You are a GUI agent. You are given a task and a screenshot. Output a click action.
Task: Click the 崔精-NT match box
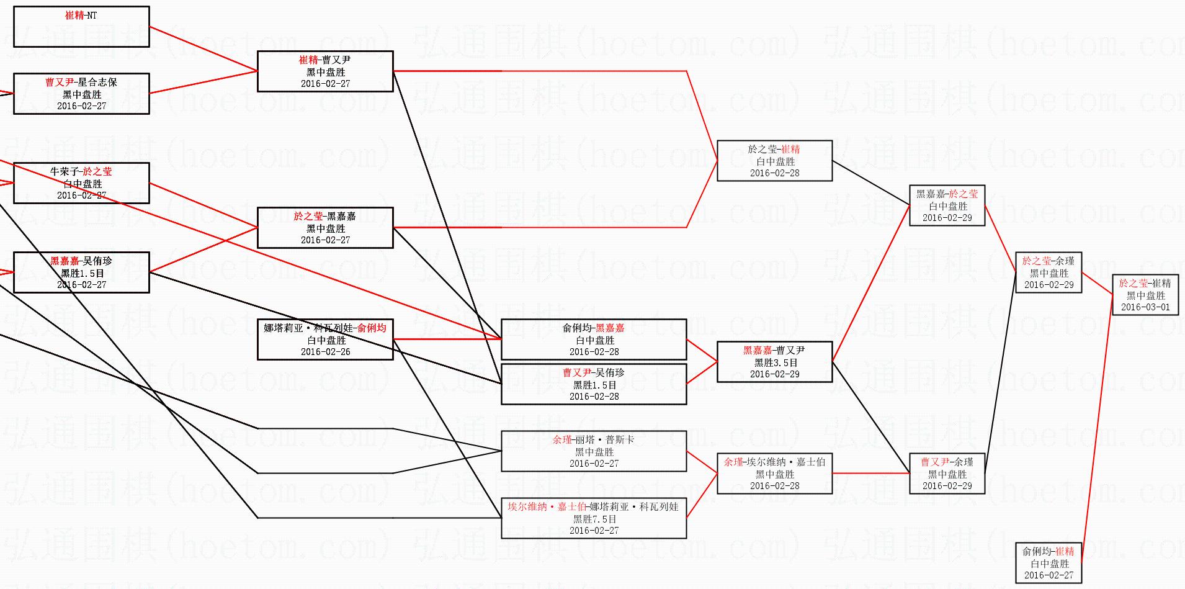(x=81, y=27)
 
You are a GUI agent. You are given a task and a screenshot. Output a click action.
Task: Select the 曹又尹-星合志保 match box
(x=81, y=94)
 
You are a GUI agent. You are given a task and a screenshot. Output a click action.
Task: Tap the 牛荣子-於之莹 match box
(x=81, y=183)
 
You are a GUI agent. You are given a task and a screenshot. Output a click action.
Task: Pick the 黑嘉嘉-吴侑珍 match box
(x=81, y=272)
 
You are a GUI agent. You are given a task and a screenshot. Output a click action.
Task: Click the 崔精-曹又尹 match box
(x=325, y=71)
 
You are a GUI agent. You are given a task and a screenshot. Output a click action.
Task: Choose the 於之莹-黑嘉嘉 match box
(x=325, y=228)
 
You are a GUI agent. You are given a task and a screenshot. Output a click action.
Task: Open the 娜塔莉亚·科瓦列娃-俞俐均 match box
(x=325, y=339)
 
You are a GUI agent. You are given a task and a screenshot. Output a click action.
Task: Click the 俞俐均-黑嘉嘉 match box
(x=594, y=339)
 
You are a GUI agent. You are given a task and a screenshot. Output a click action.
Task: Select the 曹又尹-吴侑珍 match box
(x=594, y=384)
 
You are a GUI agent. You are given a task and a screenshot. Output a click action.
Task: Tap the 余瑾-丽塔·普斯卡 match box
(x=594, y=451)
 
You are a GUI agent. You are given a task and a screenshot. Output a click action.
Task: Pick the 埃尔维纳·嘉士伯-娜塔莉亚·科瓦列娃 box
(x=594, y=518)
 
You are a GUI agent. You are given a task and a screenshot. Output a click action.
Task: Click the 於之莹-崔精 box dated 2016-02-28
(x=774, y=161)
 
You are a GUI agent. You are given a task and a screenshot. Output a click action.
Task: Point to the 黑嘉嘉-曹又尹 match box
(x=774, y=362)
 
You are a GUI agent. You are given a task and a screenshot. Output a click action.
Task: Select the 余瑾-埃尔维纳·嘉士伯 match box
(x=774, y=474)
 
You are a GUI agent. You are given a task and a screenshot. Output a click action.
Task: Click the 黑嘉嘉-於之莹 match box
(x=947, y=205)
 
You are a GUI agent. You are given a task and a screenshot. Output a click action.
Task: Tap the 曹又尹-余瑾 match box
(x=947, y=474)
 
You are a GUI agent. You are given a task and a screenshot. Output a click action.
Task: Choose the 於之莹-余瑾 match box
(x=1048, y=272)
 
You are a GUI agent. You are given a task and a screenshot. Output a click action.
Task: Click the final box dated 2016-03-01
(x=1145, y=295)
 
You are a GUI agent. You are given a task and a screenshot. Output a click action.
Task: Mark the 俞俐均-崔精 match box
(x=1048, y=563)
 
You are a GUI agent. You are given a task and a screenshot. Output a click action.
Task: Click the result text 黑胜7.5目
(x=594, y=519)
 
